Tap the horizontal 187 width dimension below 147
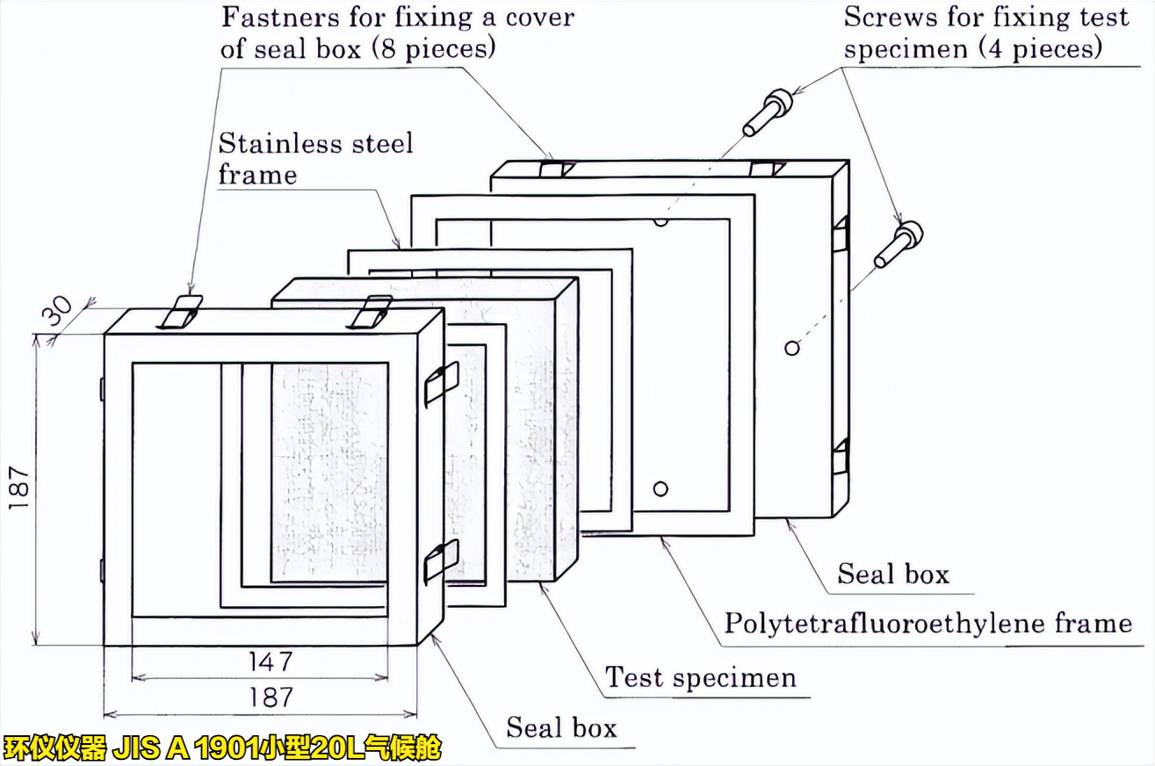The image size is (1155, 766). click(x=269, y=697)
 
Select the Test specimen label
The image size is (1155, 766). click(x=700, y=677)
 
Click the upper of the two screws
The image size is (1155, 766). click(x=768, y=112)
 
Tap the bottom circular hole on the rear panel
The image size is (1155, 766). click(x=661, y=488)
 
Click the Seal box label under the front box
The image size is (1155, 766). click(x=561, y=727)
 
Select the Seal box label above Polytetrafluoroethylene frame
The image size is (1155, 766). click(x=892, y=574)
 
